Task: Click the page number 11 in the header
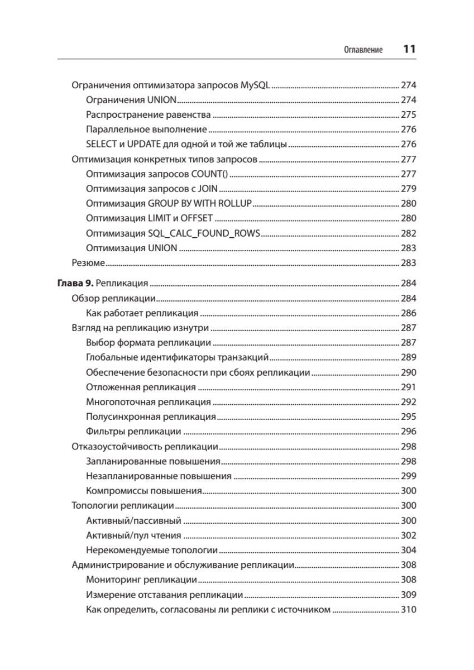(x=409, y=49)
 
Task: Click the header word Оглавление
(x=363, y=50)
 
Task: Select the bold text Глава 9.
(x=71, y=283)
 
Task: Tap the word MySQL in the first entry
(x=255, y=85)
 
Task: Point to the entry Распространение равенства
(x=149, y=114)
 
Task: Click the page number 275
(x=409, y=114)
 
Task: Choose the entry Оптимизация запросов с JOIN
(x=152, y=189)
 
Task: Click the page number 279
(x=409, y=189)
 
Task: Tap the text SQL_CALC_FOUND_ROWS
(x=204, y=233)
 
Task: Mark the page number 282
(x=409, y=233)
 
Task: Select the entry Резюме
(x=88, y=262)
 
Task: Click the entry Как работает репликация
(x=142, y=313)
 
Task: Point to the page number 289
(x=409, y=357)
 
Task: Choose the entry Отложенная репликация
(x=141, y=387)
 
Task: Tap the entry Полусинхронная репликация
(x=151, y=417)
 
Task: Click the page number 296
(x=409, y=431)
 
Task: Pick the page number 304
(x=409, y=549)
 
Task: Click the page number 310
(x=409, y=609)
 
